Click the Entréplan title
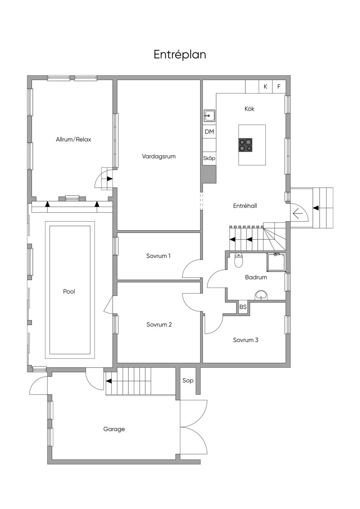(x=180, y=55)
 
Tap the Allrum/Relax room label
(x=73, y=139)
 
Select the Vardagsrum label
(x=159, y=156)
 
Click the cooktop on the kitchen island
(x=245, y=145)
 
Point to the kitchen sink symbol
(x=209, y=115)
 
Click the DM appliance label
(x=209, y=131)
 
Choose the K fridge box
(x=265, y=86)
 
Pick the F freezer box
(x=279, y=86)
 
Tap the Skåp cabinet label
(x=209, y=158)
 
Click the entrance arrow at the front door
(x=298, y=214)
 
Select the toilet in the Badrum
(x=239, y=260)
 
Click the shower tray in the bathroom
(x=276, y=262)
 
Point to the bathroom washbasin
(x=262, y=295)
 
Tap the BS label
(x=243, y=307)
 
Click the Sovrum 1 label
(x=158, y=256)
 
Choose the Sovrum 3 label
(x=245, y=340)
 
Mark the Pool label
(x=69, y=291)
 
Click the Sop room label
(x=188, y=381)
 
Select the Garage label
(x=114, y=429)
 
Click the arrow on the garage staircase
(x=109, y=381)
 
